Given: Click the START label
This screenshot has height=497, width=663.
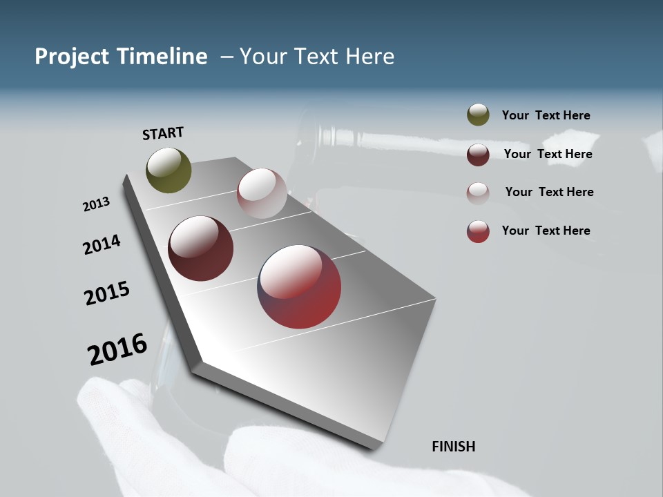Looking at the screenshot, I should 163,133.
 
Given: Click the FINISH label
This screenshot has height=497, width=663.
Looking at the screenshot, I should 454,447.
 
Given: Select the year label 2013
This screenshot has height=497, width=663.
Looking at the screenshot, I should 97,204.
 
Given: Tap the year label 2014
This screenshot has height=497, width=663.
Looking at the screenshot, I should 102,244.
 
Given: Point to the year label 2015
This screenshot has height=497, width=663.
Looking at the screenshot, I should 107,293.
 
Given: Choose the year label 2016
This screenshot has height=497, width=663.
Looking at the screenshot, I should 117,349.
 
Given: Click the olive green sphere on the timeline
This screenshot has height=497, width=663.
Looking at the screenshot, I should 169,170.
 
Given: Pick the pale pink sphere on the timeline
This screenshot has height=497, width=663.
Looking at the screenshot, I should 262,193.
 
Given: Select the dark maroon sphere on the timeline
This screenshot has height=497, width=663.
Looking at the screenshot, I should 201,248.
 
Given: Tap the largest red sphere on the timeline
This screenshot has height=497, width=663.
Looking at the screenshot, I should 300,286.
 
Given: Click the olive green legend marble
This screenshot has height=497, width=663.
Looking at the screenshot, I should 478,115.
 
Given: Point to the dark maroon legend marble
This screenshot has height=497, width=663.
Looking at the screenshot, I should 478,155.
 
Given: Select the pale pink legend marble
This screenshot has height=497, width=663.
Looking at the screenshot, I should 478,193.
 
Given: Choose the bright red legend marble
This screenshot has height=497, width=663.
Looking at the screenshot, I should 478,231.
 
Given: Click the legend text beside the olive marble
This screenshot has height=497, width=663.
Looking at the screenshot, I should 546,115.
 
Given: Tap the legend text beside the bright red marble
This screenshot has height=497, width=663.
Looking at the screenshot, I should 546,231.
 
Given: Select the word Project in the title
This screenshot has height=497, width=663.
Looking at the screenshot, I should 71,57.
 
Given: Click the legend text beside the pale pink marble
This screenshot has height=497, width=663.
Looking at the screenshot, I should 549,192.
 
